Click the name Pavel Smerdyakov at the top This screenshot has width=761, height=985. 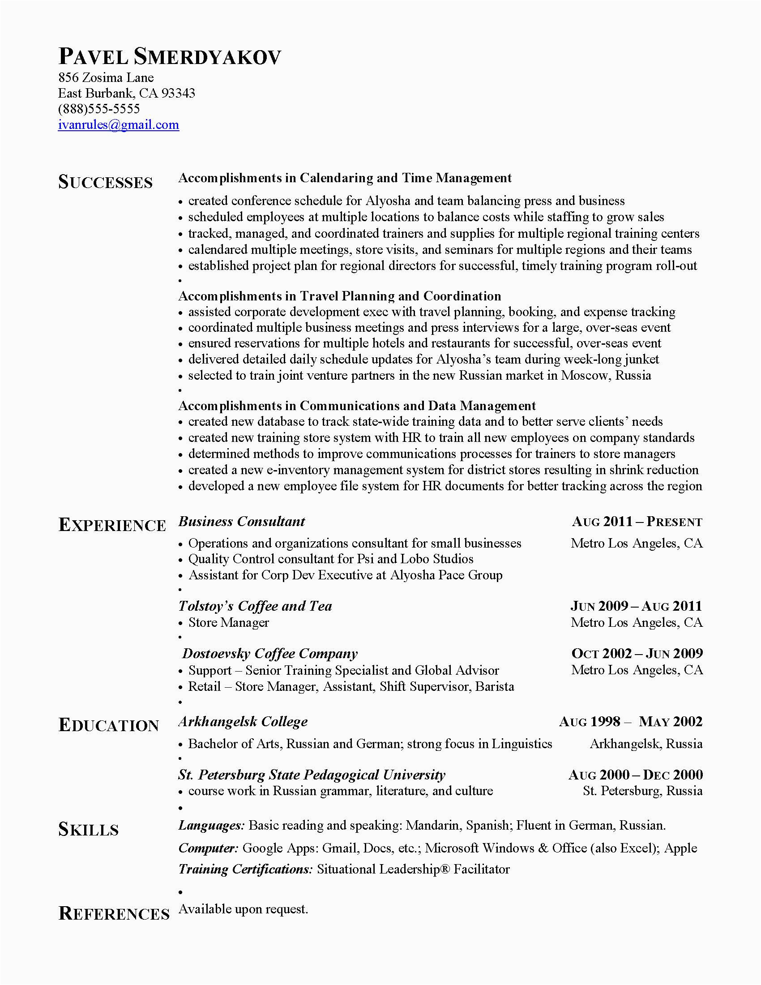click(x=170, y=57)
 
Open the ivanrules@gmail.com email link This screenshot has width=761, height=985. click(x=119, y=124)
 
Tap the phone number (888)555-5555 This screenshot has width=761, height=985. click(x=99, y=109)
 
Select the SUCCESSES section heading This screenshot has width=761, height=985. click(x=106, y=182)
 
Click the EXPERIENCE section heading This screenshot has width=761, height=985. click(x=112, y=525)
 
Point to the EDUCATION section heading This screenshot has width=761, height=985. click(x=109, y=725)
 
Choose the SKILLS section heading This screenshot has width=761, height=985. click(x=88, y=829)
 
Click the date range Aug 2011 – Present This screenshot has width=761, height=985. click(x=637, y=522)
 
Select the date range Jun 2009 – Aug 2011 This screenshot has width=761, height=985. click(x=636, y=606)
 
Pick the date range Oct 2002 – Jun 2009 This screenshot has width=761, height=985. click(x=637, y=653)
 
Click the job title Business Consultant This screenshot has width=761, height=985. click(x=242, y=521)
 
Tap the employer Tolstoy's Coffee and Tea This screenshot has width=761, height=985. click(x=255, y=606)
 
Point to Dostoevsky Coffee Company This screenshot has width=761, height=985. click(x=269, y=654)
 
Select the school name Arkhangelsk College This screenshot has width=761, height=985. click(x=243, y=722)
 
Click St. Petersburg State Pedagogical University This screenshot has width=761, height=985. click(x=312, y=775)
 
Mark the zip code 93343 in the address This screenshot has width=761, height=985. click(x=178, y=94)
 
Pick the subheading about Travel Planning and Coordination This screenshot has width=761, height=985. click(x=339, y=296)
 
